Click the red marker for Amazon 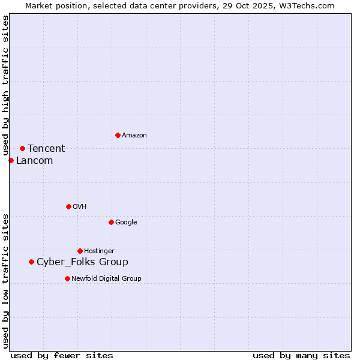click(118, 135)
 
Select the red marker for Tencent click(22, 148)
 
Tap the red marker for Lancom click(11, 160)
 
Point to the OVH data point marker click(68, 206)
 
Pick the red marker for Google click(111, 222)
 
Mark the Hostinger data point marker click(80, 251)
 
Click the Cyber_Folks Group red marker click(31, 262)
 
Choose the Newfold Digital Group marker click(67, 278)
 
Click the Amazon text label click(134, 136)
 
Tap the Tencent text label click(46, 149)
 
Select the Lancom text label click(34, 161)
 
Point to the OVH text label click(80, 207)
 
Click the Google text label click(126, 223)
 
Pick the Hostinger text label click(99, 251)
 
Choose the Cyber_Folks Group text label click(82, 262)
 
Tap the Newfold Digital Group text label click(106, 279)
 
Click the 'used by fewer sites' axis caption click(62, 355)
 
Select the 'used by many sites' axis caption click(301, 355)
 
